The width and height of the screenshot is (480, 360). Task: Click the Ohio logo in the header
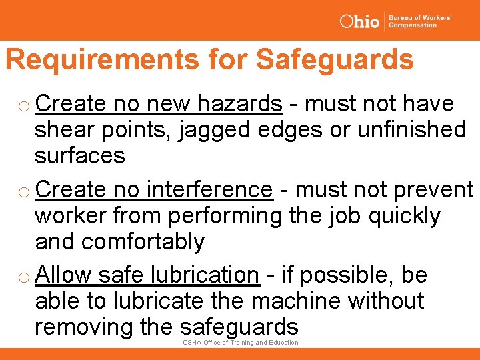[x=359, y=21]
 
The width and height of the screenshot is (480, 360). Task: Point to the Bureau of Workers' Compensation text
[x=419, y=21]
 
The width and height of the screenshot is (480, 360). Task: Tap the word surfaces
[x=80, y=155]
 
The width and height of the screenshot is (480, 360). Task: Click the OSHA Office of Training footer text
[x=240, y=343]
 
